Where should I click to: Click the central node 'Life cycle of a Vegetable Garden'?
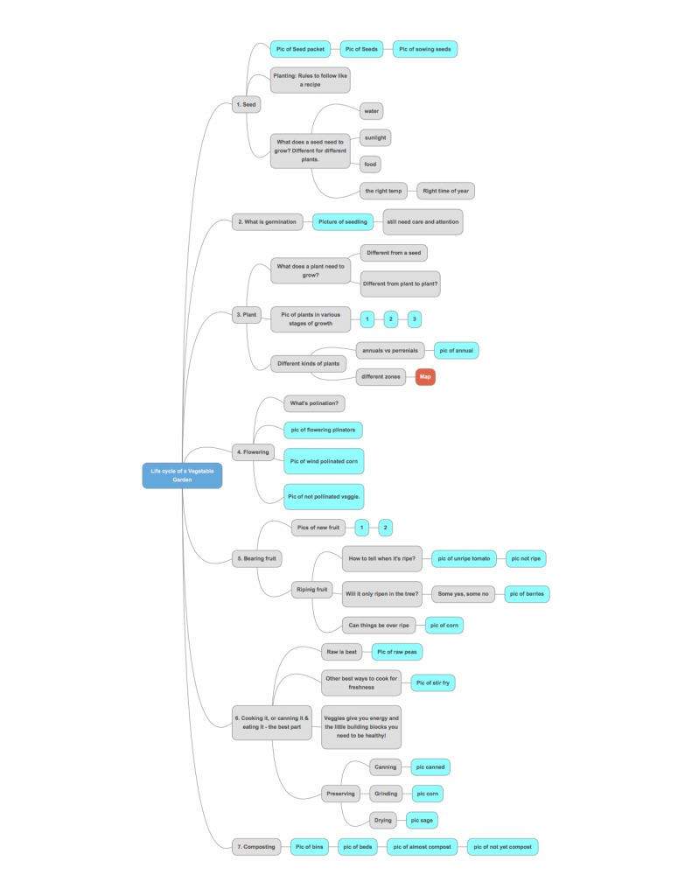point(182,475)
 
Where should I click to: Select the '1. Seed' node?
point(247,104)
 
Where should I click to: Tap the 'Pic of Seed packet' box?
point(300,49)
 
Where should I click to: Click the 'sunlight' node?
point(375,137)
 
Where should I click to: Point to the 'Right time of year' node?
point(445,190)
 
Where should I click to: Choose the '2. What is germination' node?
point(267,222)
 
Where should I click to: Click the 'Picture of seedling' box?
point(343,222)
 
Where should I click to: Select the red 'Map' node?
point(425,377)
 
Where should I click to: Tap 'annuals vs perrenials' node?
point(390,350)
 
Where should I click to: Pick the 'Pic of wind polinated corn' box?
point(324,460)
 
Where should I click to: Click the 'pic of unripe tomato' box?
point(465,558)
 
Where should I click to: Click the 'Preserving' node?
point(340,794)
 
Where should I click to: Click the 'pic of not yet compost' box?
point(502,846)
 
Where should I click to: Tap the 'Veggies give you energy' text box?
point(360,726)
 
